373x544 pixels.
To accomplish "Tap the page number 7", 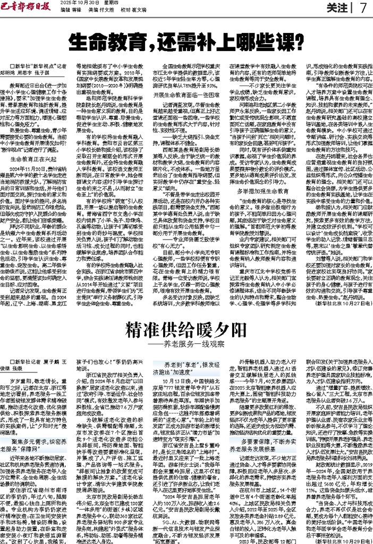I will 363,7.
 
